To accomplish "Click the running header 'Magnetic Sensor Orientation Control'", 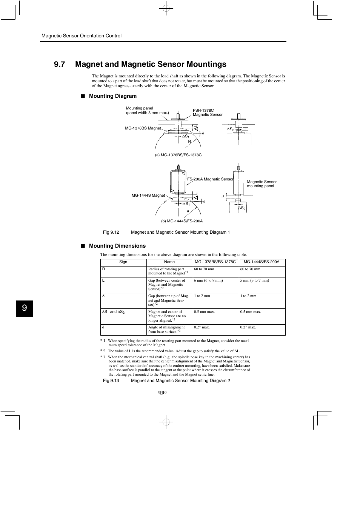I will pos(82,36).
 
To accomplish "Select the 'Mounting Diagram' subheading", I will pos(112,96).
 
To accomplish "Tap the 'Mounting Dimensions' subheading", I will pos(117,246).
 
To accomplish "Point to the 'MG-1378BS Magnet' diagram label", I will pos(143,128).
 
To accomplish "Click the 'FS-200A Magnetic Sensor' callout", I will pos(210,179).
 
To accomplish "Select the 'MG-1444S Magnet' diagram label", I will pos(148,196).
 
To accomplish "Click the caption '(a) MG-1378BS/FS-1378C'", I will pos(178,155).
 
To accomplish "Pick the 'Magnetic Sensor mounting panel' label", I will pos(262,184).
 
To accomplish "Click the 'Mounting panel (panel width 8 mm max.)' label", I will pos(147,110).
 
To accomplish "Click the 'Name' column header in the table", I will pos(169,262).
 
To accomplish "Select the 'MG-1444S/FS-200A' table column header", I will pos(262,262).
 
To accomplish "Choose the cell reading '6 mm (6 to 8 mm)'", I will pos(208,280).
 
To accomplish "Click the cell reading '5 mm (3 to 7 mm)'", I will pos(255,280).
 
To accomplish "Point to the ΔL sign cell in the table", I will pos(105,296).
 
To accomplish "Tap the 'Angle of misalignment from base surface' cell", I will pos(166,330).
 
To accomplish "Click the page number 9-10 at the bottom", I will pos(163,393).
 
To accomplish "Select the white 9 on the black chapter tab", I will pos(25,308).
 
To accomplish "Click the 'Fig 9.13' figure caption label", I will pos(111,381).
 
